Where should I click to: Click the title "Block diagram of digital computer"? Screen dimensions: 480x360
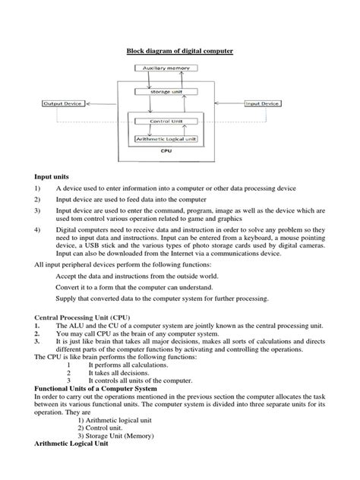pyautogui.click(x=179, y=52)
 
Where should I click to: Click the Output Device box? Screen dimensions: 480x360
pyautogui.click(x=63, y=103)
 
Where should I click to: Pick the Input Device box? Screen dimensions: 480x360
pyautogui.click(x=262, y=103)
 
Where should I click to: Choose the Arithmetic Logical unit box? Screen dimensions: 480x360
pyautogui.click(x=168, y=139)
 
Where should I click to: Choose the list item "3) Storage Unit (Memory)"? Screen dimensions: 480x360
pyautogui.click(x=119, y=436)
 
